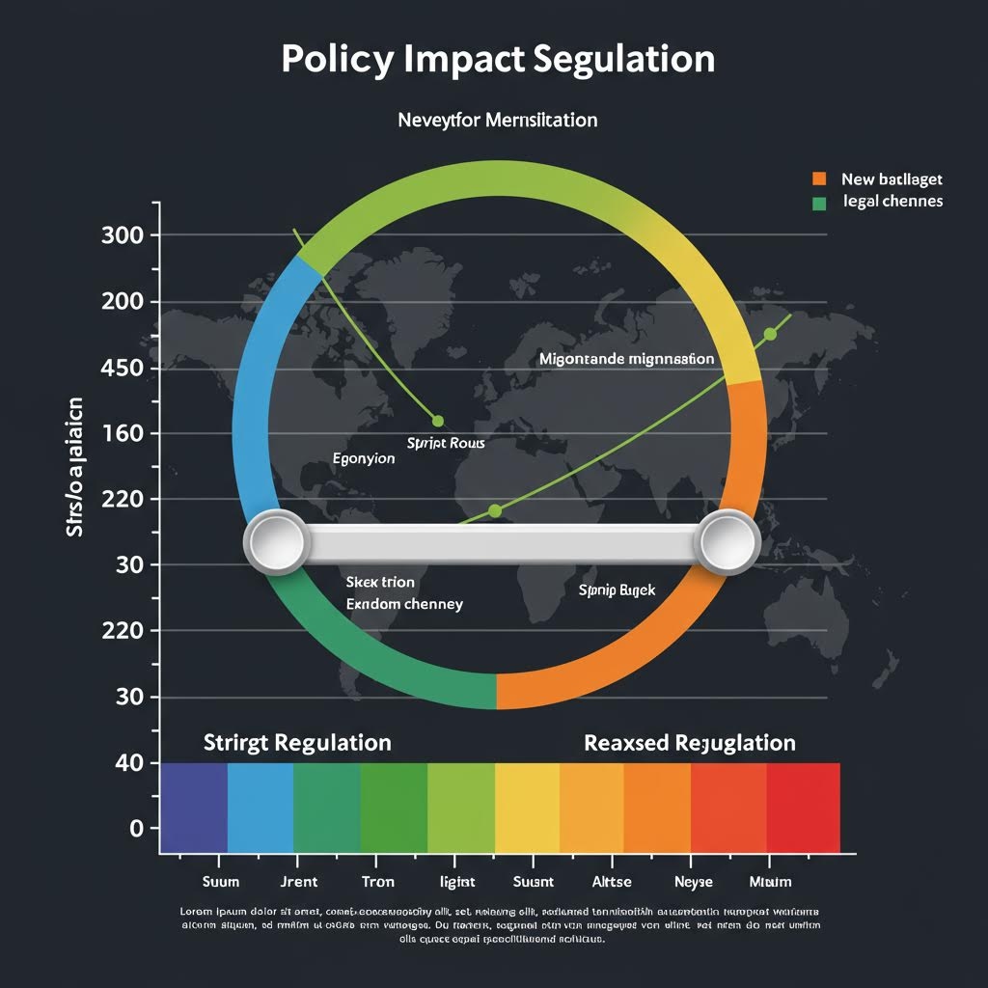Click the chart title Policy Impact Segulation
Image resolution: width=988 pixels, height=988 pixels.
[x=498, y=59]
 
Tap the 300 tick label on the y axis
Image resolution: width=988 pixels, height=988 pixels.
[x=122, y=235]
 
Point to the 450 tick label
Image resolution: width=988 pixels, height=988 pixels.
[x=122, y=368]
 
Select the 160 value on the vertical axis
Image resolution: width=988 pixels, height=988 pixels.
[x=122, y=433]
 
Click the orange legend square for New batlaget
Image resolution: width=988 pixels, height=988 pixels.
[x=819, y=178]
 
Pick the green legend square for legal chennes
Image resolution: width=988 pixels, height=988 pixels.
[x=819, y=203]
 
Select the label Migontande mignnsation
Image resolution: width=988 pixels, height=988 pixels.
[x=626, y=359]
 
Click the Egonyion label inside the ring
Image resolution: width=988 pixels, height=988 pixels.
[x=363, y=458]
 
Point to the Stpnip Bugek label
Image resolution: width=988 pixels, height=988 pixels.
[x=617, y=589]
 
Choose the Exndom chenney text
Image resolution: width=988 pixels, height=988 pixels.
[x=404, y=604]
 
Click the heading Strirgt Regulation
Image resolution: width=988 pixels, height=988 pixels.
[x=297, y=743]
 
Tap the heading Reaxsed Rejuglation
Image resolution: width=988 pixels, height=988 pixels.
[x=689, y=743]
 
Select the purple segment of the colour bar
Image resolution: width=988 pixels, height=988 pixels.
[x=194, y=808]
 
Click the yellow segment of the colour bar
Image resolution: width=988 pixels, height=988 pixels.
[x=527, y=808]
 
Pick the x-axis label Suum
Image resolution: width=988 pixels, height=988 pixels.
[x=220, y=881]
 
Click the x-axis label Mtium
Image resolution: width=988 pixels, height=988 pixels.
[x=770, y=881]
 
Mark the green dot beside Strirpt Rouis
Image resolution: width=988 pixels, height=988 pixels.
[x=438, y=421]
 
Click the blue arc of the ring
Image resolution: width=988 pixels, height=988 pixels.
[x=251, y=386]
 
